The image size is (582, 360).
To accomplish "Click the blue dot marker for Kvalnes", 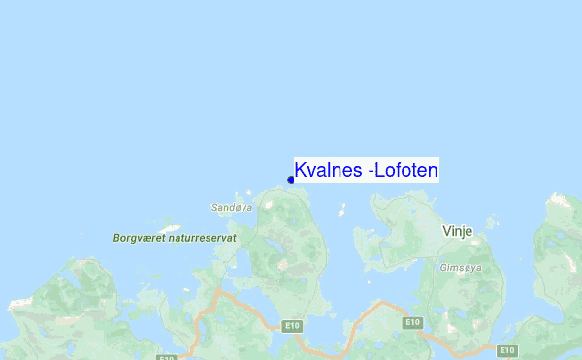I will (291, 180).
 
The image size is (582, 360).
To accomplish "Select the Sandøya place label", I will (232, 207).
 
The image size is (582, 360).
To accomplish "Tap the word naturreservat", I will (204, 237).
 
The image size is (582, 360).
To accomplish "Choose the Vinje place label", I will (456, 232).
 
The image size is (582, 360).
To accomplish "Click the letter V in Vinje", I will (445, 232).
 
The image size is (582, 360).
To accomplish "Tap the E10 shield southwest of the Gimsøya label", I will (412, 322).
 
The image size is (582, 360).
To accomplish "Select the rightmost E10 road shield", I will (505, 349).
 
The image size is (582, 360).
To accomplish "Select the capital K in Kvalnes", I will (300, 170).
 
